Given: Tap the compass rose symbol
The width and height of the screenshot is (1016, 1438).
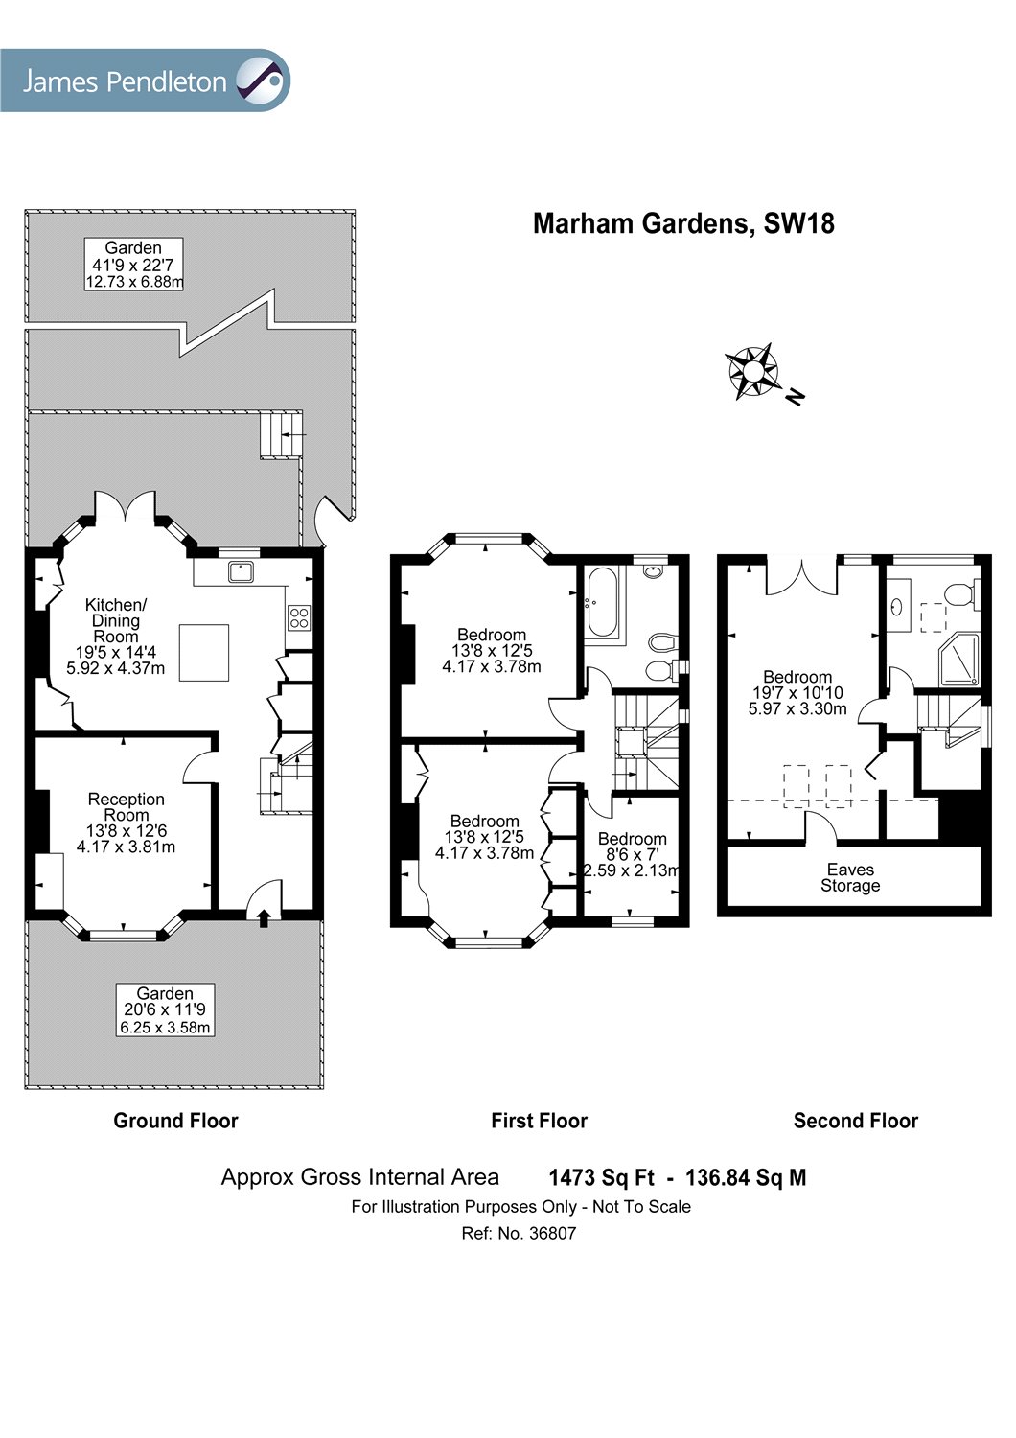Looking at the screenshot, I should tap(753, 371).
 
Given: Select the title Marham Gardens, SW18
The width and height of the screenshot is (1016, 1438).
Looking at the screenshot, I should tap(683, 223).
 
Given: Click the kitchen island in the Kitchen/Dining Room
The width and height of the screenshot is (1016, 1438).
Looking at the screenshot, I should tap(204, 652).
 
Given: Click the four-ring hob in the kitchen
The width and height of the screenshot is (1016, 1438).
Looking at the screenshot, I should tap(299, 617).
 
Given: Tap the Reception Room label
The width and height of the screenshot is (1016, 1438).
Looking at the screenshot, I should tap(127, 806).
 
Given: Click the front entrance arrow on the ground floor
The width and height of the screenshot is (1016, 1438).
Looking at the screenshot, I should tap(264, 917).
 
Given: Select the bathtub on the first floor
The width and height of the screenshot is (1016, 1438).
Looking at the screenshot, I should tap(603, 602).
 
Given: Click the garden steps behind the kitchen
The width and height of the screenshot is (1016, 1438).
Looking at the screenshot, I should tap(282, 435).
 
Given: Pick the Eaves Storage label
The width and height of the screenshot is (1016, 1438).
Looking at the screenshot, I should tap(850, 877).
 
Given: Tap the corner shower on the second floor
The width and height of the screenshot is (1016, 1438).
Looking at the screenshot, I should tap(959, 660).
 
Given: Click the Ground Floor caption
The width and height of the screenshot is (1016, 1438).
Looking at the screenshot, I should tap(175, 1121).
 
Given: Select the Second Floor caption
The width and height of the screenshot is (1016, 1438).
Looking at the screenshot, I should tap(855, 1121).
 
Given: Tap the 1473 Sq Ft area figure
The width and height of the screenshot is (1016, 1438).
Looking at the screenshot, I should tap(601, 1177).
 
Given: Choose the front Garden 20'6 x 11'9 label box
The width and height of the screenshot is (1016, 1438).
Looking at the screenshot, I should tap(165, 1010).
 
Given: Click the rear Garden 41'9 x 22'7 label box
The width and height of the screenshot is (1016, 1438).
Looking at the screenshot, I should tap(133, 264).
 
